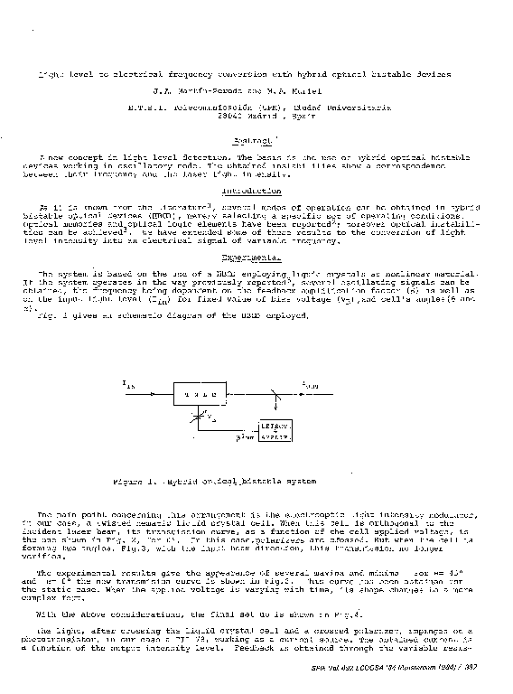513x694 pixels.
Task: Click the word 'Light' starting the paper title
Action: click(x=46, y=73)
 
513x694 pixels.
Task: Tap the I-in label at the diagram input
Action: click(x=127, y=385)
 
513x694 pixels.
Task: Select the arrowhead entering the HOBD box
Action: click(x=169, y=395)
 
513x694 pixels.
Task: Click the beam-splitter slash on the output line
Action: click(x=273, y=395)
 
